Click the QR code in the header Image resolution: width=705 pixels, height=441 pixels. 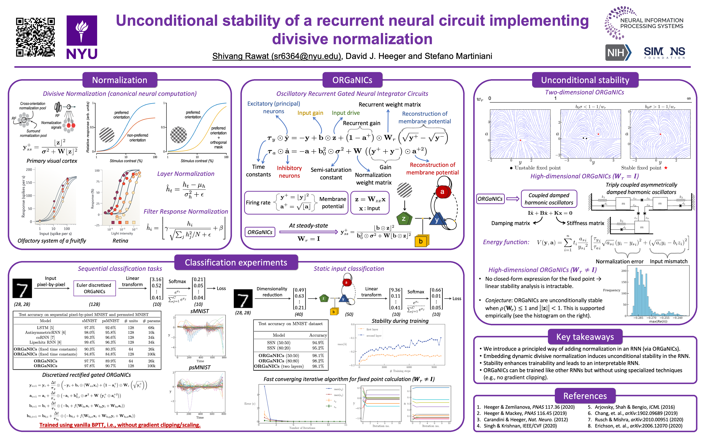pos(35,37)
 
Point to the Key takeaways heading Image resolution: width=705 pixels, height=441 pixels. pos(585,337)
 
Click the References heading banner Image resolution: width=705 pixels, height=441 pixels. pos(585,396)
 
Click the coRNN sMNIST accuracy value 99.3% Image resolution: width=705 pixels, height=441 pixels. pos(89,337)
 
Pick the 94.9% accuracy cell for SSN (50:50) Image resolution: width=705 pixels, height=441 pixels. pos(318,343)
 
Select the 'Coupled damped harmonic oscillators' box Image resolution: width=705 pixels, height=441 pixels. pos(549,199)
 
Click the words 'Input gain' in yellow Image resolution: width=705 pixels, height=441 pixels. pos(310,113)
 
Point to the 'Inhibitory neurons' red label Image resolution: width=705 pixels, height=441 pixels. pos(289,172)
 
